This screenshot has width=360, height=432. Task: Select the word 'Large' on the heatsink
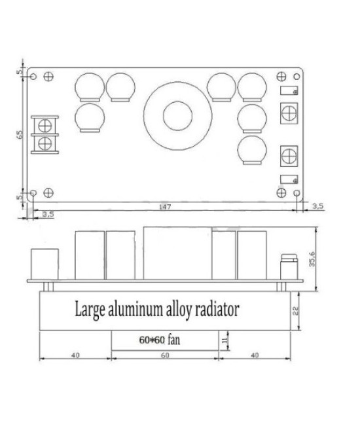pyautogui.click(x=92, y=308)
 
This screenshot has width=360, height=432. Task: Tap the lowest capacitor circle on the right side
pyautogui.click(x=252, y=149)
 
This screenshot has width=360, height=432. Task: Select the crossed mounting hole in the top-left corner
pyautogui.click(x=48, y=77)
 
